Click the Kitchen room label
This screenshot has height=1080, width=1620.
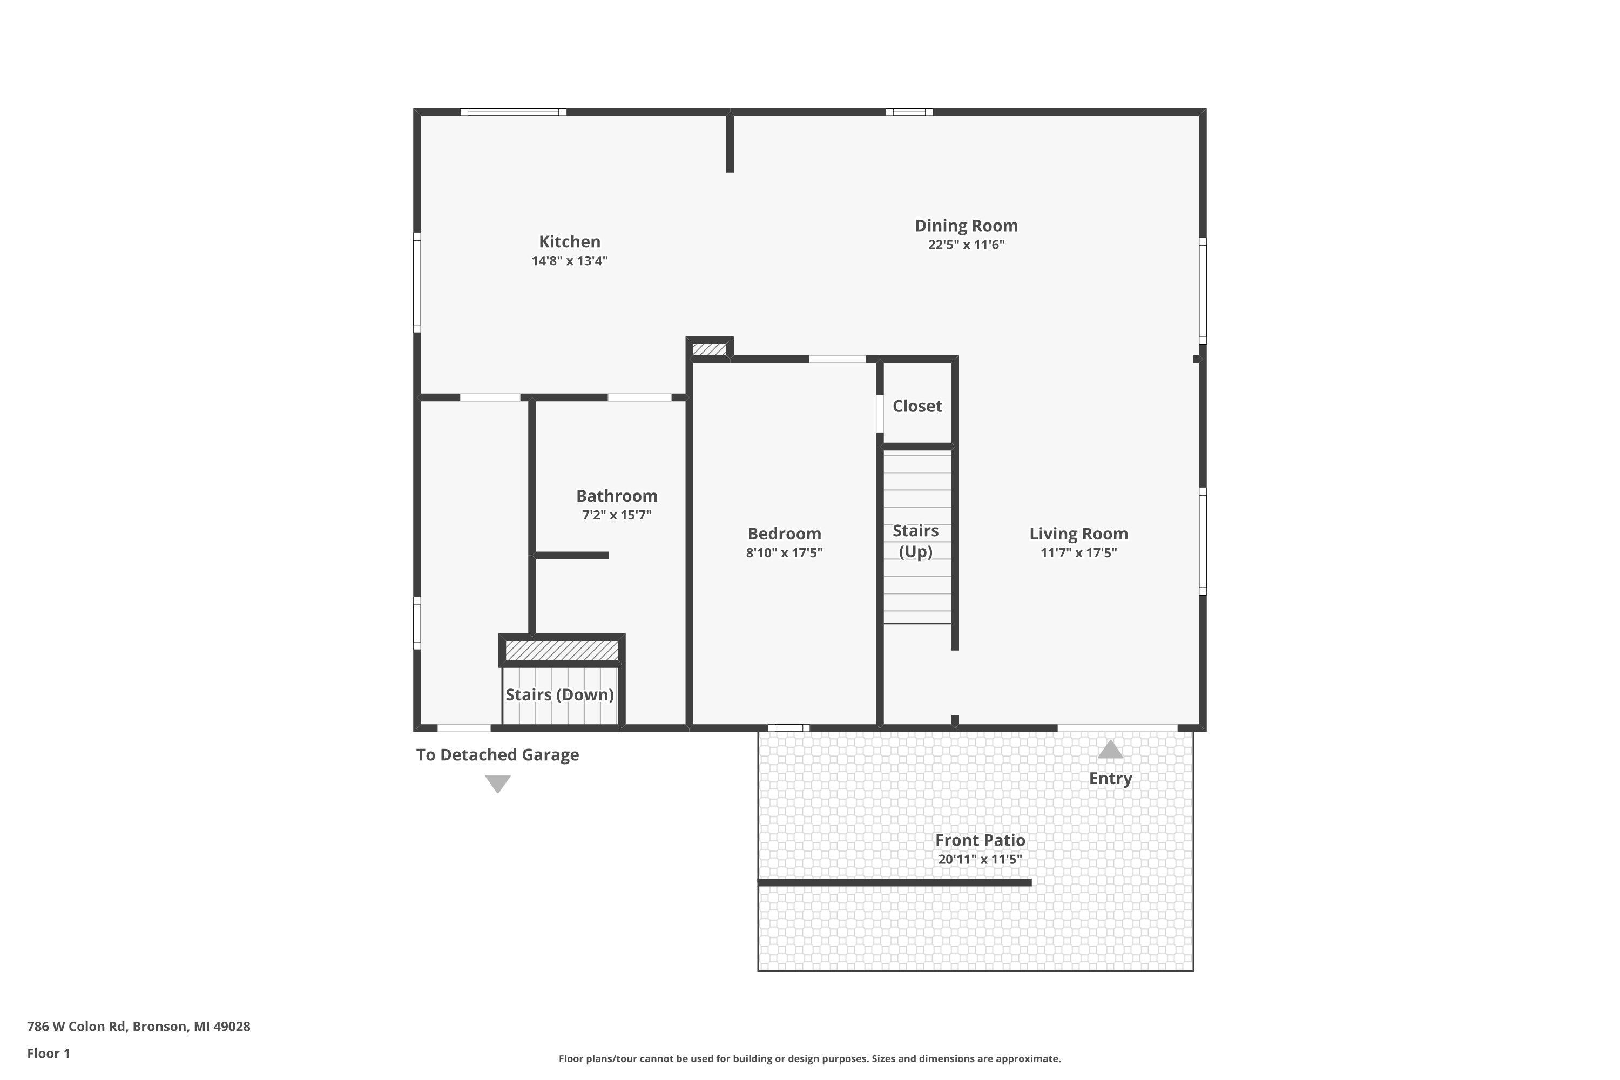tap(569, 242)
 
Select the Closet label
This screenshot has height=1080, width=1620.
tap(917, 407)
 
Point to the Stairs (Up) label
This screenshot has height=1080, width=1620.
tap(915, 542)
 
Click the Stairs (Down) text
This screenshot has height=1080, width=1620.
tap(559, 695)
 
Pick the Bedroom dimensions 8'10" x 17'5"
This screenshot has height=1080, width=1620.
tap(784, 553)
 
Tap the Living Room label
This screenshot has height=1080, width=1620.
tap(1078, 534)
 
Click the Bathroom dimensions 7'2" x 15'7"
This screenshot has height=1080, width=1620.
tap(617, 515)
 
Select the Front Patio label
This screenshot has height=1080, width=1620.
tap(980, 840)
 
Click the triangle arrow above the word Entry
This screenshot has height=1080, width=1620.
tap(1110, 750)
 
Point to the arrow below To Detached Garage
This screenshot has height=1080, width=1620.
tap(497, 783)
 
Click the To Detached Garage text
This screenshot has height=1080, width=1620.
tap(497, 755)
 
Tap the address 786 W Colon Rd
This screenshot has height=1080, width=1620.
tap(138, 1027)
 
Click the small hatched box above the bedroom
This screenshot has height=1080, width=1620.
tap(710, 350)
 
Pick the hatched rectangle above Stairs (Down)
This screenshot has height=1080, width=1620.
tap(562, 650)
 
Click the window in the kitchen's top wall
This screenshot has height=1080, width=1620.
tap(513, 112)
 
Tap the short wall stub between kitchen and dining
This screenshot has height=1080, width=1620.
tap(730, 143)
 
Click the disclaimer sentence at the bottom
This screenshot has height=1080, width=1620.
tap(809, 1058)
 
